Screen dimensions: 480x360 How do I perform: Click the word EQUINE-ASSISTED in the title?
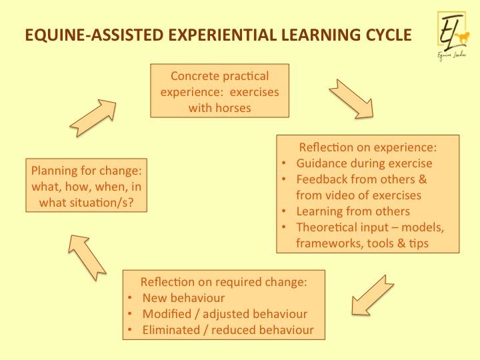(94, 35)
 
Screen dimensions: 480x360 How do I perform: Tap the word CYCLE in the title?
(389, 35)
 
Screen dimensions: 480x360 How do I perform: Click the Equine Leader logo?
(453, 36)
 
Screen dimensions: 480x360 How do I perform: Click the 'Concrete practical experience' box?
(219, 91)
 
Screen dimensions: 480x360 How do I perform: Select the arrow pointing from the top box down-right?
(351, 99)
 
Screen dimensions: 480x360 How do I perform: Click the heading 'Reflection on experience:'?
(367, 147)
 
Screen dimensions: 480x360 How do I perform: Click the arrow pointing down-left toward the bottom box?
(372, 295)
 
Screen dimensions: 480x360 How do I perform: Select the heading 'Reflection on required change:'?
(223, 282)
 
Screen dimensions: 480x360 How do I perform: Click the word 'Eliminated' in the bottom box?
(171, 330)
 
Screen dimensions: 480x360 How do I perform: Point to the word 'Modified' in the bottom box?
(167, 314)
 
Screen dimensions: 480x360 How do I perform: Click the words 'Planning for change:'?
(87, 171)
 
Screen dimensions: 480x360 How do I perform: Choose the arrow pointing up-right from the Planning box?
(93, 118)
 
